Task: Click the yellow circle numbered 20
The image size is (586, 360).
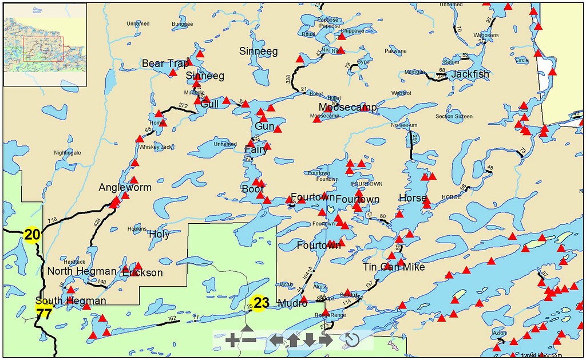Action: point(31,234)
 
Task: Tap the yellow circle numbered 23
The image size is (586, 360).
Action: point(259,303)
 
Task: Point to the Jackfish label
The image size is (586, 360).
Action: point(470,74)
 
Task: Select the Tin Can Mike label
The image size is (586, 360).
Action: point(394,267)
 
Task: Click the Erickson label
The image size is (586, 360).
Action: point(142,273)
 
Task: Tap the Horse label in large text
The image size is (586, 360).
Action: point(413,199)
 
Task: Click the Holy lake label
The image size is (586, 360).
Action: point(159,234)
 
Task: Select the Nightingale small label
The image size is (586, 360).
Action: point(67,153)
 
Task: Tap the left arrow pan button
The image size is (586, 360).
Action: point(276,341)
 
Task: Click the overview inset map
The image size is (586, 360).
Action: point(45,44)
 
